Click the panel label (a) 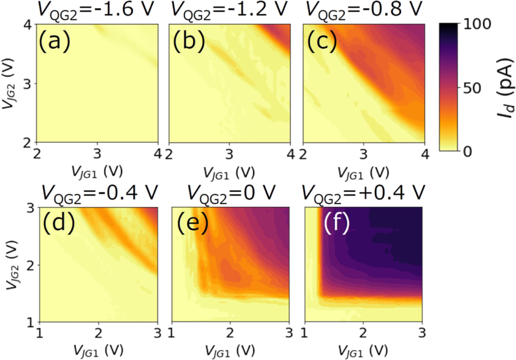55,43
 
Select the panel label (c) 322,43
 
